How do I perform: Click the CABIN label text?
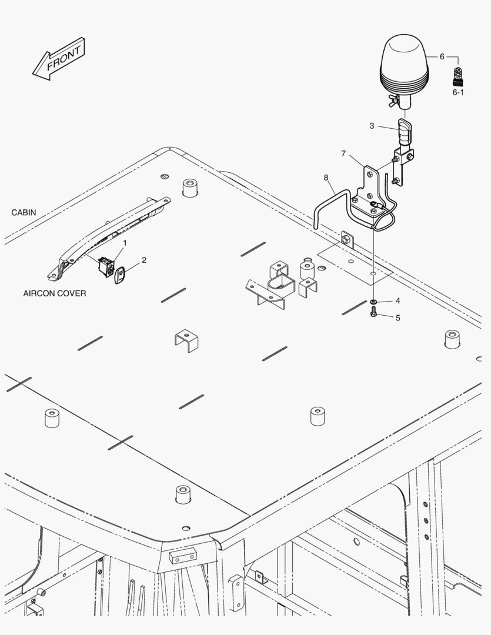24,212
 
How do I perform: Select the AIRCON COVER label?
54,293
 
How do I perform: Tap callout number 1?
124,243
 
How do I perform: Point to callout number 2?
144,259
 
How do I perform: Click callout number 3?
372,125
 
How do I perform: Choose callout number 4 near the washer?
398,300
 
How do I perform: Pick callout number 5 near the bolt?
398,318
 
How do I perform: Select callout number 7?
343,153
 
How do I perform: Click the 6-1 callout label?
458,92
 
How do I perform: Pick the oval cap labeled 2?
121,275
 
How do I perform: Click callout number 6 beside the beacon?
442,56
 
